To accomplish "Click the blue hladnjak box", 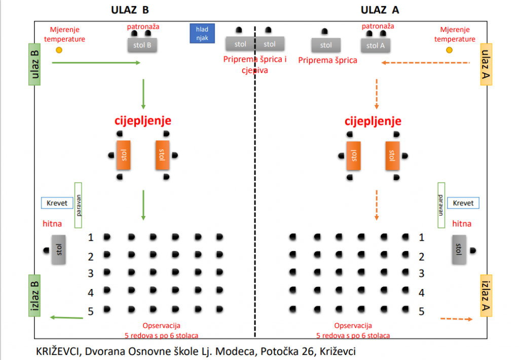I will point(202,33).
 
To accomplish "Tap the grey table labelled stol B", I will point(142,45).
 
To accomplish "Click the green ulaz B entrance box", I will point(34,64).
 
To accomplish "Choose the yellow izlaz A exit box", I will point(485,296).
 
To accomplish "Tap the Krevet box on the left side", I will point(57,203).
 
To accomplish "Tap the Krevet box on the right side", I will point(463,203).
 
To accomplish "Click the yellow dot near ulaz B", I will point(59,50).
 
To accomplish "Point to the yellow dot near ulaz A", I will point(449,50).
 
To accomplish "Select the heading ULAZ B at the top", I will point(130,10).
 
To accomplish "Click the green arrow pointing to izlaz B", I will point(66,317).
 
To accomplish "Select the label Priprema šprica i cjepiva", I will point(255,65).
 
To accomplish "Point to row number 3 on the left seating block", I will point(91,273).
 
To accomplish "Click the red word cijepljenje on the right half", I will point(373,121).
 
